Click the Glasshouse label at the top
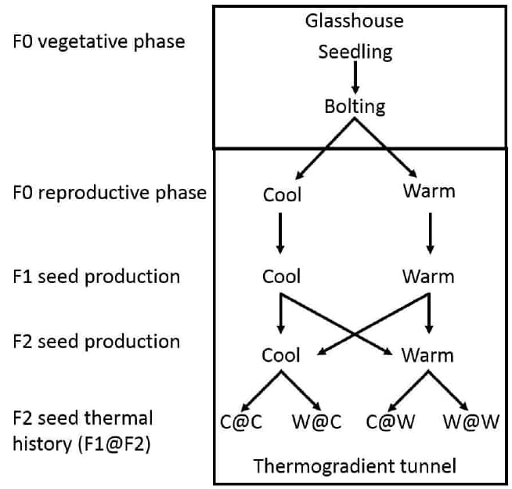click(355, 20)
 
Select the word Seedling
click(355, 53)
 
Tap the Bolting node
click(355, 106)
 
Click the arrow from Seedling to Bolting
click(355, 78)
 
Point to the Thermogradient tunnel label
click(355, 467)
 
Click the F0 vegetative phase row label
click(99, 42)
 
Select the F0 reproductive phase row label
click(110, 193)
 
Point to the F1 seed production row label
click(96, 277)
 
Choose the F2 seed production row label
click(96, 342)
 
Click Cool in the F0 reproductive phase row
click(281, 194)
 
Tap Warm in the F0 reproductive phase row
click(428, 191)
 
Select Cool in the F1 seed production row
click(281, 277)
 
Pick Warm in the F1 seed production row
click(427, 277)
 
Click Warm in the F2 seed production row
click(427, 355)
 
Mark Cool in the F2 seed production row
click(281, 355)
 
